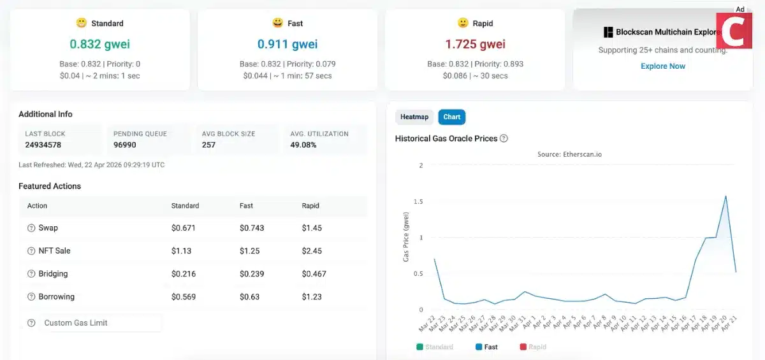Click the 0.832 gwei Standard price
(x=99, y=44)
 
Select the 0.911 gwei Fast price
(x=287, y=44)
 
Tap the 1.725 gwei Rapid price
(x=475, y=44)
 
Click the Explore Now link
(x=663, y=66)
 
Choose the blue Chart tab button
(x=451, y=117)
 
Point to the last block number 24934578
(x=43, y=145)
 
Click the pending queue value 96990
(x=125, y=145)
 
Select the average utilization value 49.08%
(x=304, y=145)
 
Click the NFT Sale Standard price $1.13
(x=182, y=251)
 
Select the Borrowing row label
(x=56, y=297)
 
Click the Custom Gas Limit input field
(x=101, y=323)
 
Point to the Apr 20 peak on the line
(x=725, y=196)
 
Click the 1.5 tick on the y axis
(x=418, y=201)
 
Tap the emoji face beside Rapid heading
(x=463, y=23)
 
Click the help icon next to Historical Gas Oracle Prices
(x=504, y=138)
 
